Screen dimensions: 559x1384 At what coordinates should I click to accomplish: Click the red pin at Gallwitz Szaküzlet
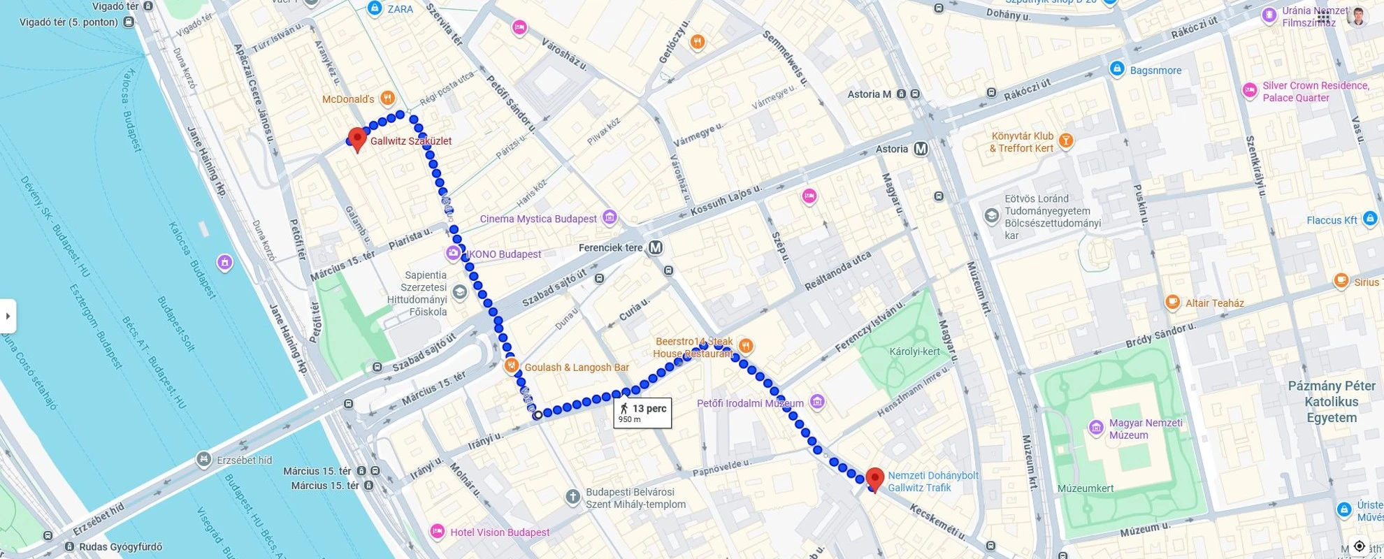pyautogui.click(x=357, y=138)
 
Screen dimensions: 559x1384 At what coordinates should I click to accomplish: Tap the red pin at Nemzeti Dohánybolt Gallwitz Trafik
pyautogui.click(x=874, y=479)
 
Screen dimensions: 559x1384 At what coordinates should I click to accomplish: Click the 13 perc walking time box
pyautogui.click(x=642, y=413)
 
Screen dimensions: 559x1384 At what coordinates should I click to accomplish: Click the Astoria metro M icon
pyautogui.click(x=921, y=149)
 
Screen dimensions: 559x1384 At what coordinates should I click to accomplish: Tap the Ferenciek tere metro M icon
pyautogui.click(x=655, y=247)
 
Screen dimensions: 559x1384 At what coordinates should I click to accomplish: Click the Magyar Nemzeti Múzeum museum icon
pyautogui.click(x=1096, y=427)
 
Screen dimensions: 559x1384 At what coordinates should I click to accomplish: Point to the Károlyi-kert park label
pyautogui.click(x=914, y=351)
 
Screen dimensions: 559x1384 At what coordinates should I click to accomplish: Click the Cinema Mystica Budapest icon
pyautogui.click(x=610, y=217)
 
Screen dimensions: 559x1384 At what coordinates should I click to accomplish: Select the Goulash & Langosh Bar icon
pyautogui.click(x=512, y=365)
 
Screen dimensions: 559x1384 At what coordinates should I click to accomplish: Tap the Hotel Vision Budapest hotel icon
pyautogui.click(x=438, y=532)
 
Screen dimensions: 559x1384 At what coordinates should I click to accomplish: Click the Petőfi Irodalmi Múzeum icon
pyautogui.click(x=817, y=402)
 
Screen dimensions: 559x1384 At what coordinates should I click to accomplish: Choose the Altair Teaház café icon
pyautogui.click(x=1173, y=302)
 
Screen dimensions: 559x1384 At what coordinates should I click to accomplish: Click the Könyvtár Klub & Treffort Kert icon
pyautogui.click(x=1066, y=140)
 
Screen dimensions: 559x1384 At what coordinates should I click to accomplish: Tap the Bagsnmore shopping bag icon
pyautogui.click(x=1117, y=69)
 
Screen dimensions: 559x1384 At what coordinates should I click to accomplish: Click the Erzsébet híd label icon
pyautogui.click(x=203, y=460)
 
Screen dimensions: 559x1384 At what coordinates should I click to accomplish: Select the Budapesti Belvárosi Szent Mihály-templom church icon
pyautogui.click(x=572, y=498)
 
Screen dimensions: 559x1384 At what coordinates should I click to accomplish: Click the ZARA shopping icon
pyautogui.click(x=375, y=8)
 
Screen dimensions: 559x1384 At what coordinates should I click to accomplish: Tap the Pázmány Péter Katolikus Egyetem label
pyautogui.click(x=1332, y=402)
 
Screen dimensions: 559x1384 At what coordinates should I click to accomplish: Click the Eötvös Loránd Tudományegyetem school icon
pyautogui.click(x=991, y=216)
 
